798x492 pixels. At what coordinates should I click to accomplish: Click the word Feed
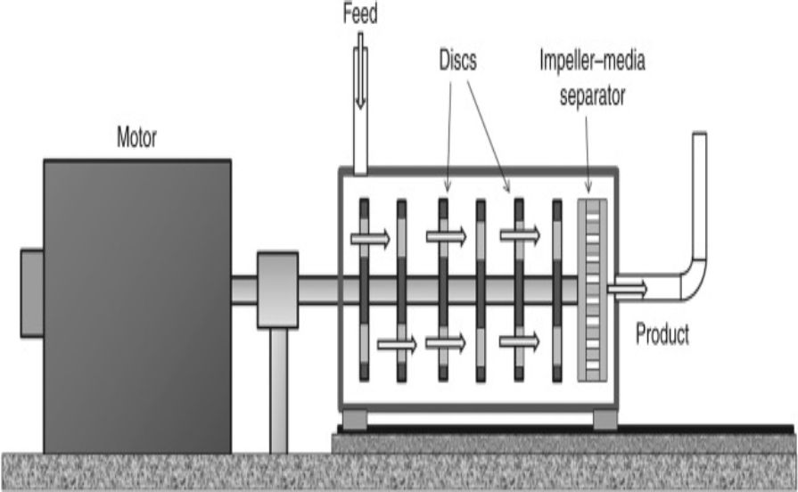pos(359,14)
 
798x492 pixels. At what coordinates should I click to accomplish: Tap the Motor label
pos(136,139)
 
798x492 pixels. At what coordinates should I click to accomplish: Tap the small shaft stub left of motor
pos(31,293)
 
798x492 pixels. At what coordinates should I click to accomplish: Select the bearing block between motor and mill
pos(277,290)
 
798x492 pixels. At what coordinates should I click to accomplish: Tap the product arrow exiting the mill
pos(628,288)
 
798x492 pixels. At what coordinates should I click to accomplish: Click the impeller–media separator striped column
pos(592,290)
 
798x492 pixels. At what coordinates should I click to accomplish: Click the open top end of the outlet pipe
pos(699,136)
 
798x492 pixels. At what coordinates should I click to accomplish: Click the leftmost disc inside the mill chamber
pos(364,290)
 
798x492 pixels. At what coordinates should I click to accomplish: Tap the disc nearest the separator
pos(557,290)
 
